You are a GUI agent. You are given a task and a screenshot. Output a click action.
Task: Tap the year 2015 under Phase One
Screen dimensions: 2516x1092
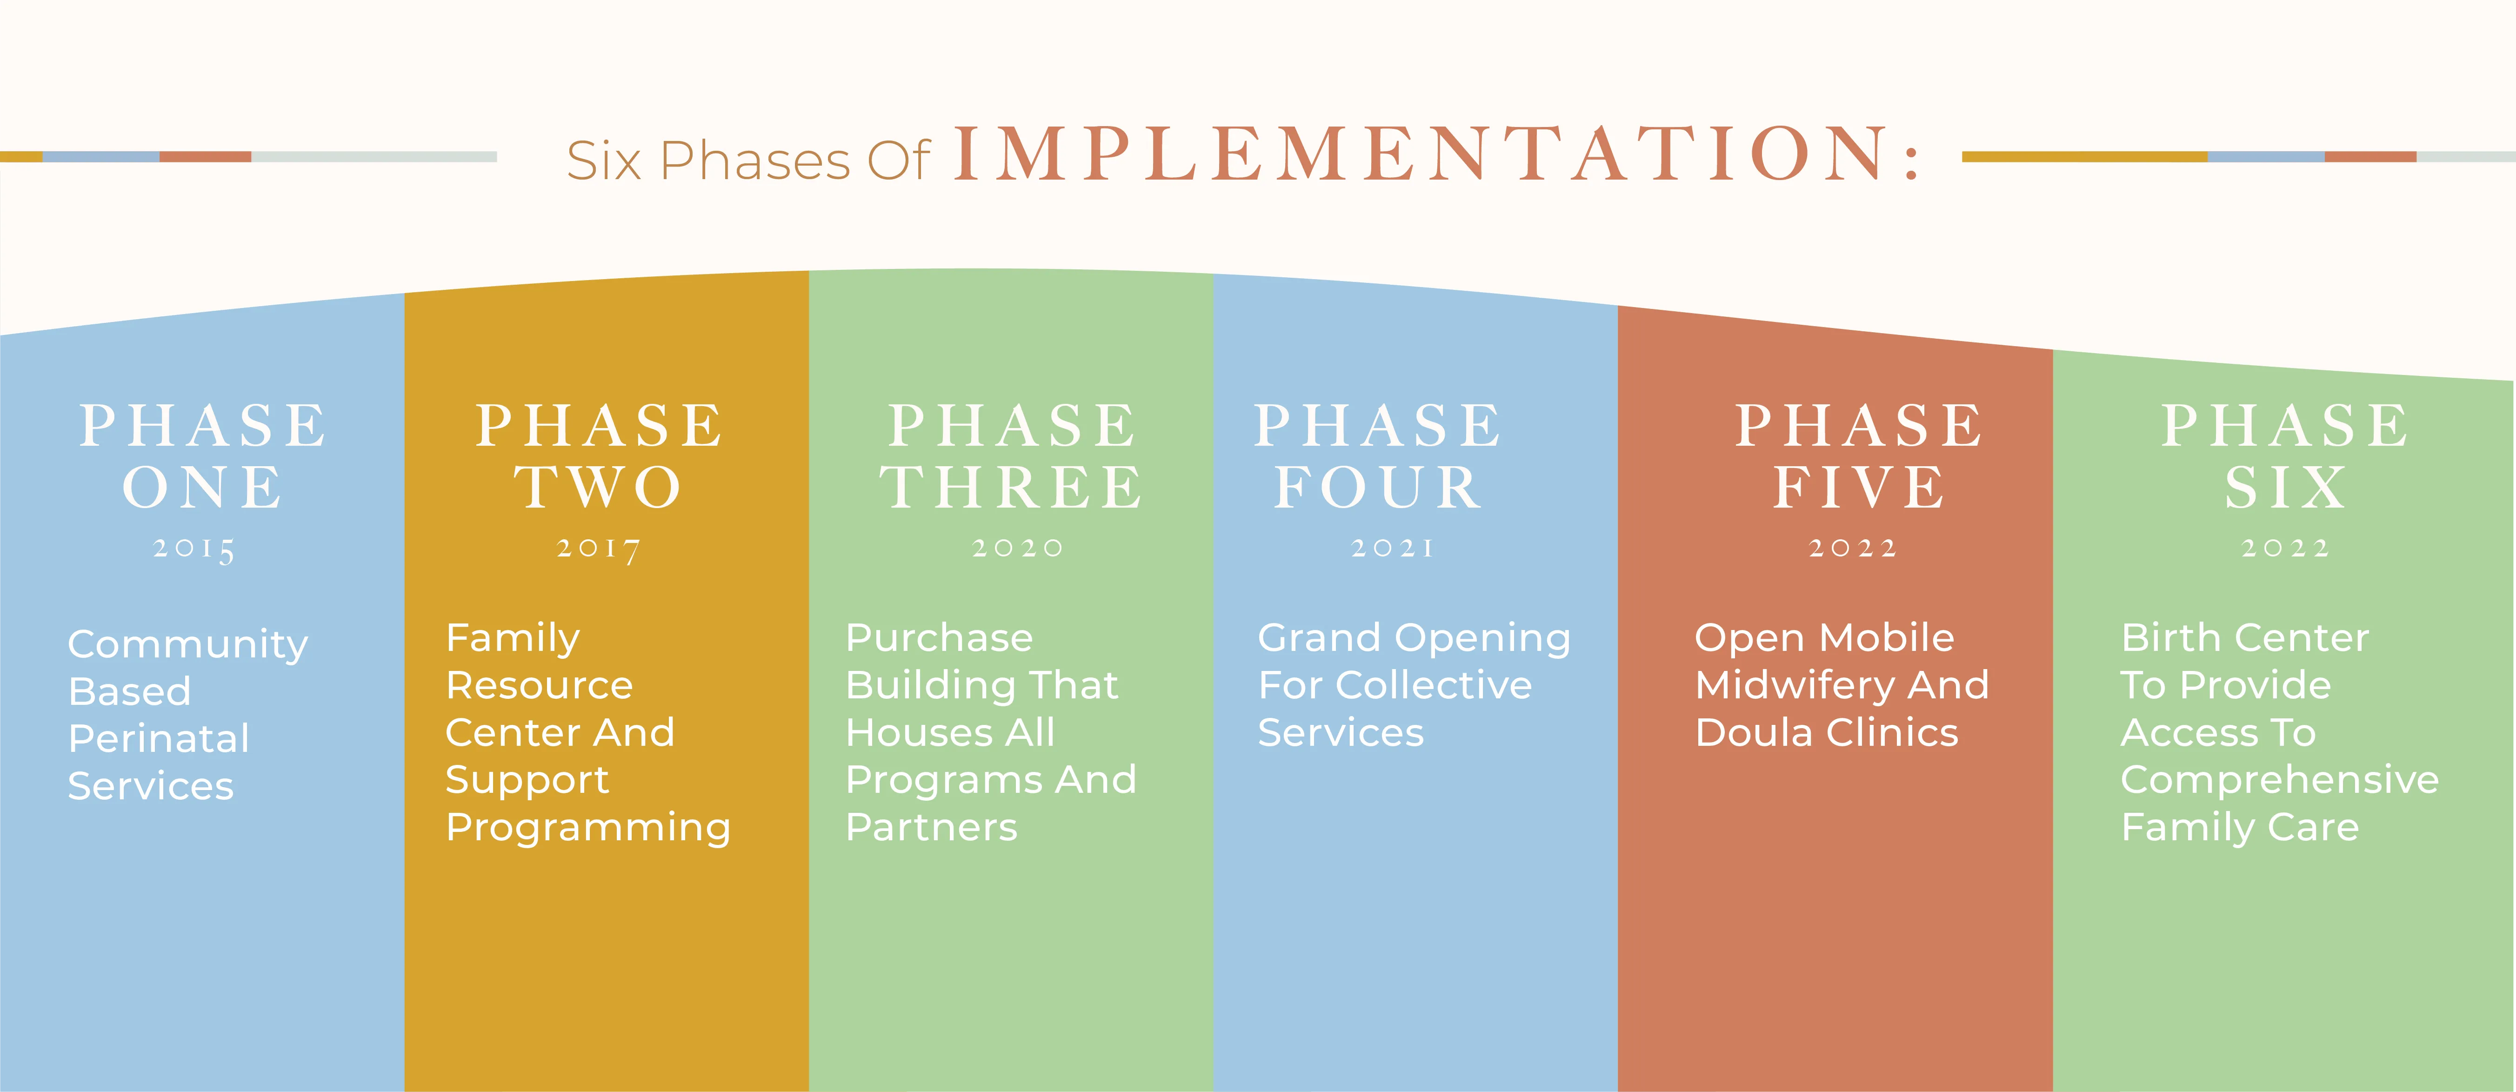(x=194, y=549)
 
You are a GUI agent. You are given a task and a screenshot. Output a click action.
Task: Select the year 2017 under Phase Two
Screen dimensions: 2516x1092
(x=599, y=549)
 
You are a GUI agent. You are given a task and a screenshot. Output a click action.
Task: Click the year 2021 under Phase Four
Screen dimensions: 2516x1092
(x=1392, y=548)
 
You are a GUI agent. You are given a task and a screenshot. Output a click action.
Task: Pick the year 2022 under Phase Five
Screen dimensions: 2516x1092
(x=1853, y=548)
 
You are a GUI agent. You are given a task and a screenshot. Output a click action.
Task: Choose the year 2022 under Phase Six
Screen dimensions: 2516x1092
(x=2285, y=548)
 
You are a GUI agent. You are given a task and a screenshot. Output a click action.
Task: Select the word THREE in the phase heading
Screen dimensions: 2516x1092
(x=1011, y=488)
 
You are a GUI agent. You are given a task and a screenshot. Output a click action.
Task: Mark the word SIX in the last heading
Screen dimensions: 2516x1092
(x=2285, y=488)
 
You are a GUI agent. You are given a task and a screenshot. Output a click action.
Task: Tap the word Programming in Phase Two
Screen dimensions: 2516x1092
(x=588, y=828)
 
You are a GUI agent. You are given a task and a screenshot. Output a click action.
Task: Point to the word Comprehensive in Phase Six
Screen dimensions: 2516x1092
(x=2280, y=780)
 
